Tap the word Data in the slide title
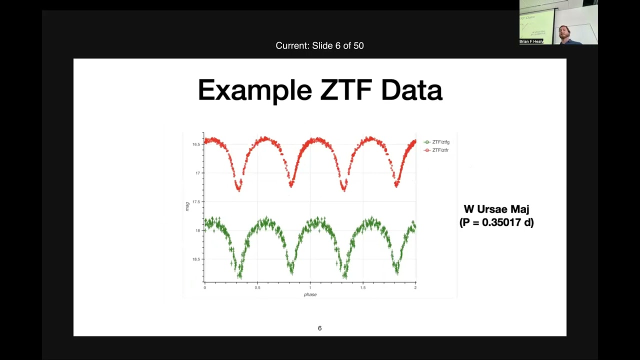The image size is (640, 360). tap(411, 90)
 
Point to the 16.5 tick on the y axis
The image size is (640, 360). tap(196, 144)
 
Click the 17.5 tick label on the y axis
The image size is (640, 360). tap(196, 202)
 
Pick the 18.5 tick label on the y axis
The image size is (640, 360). tap(196, 259)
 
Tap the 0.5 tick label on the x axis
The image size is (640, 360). tap(257, 287)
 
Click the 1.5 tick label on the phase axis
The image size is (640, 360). tap(362, 287)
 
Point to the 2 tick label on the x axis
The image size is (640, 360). tap(415, 287)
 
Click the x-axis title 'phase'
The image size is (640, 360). tap(310, 294)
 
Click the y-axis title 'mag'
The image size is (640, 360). tap(187, 206)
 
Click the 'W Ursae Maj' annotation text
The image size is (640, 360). tap(496, 209)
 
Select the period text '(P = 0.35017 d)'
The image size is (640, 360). tap(496, 222)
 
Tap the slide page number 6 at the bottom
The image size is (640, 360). tap(319, 328)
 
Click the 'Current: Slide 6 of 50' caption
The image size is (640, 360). tap(319, 45)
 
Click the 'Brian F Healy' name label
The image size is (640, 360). tap(531, 41)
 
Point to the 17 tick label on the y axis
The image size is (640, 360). tap(197, 173)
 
